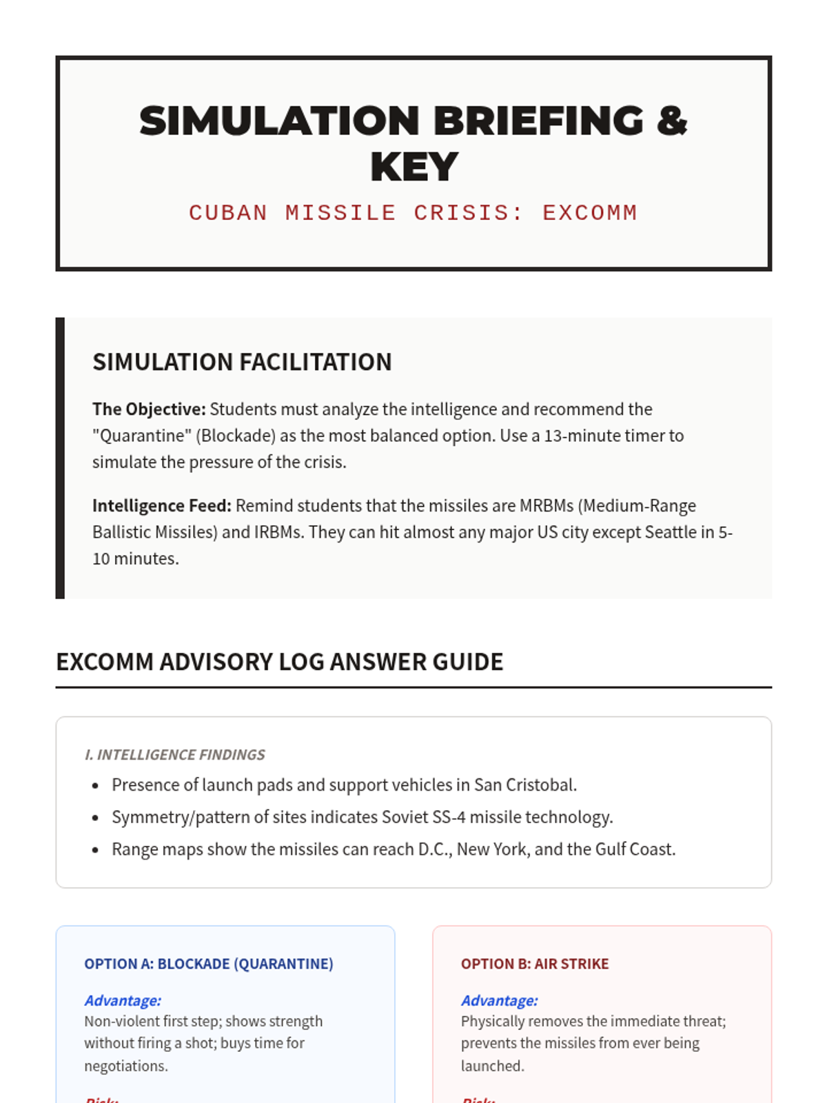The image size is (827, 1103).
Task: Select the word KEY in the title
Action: (x=413, y=168)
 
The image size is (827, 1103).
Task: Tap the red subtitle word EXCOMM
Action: (x=590, y=213)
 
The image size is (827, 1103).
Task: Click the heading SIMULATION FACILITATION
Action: (x=242, y=362)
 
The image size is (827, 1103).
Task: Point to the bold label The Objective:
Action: (x=149, y=409)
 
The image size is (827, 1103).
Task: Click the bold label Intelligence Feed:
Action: (x=162, y=506)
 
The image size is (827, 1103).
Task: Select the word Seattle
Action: (x=671, y=532)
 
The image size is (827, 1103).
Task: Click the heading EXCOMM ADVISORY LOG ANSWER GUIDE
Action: (x=279, y=662)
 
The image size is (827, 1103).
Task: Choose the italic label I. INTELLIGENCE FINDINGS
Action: (x=174, y=755)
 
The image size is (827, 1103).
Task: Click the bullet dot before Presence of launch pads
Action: (x=95, y=786)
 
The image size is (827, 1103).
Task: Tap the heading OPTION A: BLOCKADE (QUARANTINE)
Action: (x=208, y=964)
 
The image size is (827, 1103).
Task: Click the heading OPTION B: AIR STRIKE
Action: (x=535, y=964)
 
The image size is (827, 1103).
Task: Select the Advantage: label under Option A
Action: (x=123, y=1000)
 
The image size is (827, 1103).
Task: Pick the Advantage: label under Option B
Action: (x=500, y=1000)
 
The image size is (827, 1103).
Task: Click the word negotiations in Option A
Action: (x=125, y=1066)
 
